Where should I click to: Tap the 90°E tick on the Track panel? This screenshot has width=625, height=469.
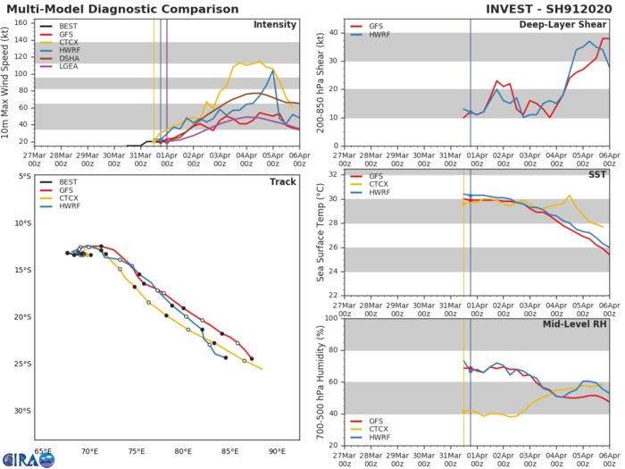(x=277, y=451)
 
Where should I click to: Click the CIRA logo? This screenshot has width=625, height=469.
(x=28, y=458)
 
